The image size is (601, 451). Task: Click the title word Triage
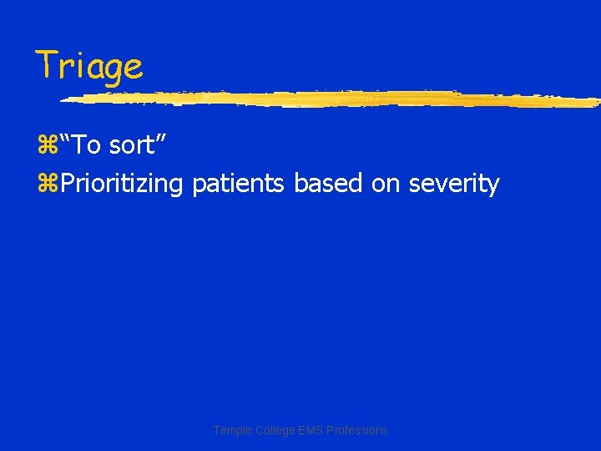click(x=88, y=66)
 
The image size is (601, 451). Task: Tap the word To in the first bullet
click(x=87, y=145)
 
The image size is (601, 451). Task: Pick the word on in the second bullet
click(x=386, y=184)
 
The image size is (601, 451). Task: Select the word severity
click(x=454, y=184)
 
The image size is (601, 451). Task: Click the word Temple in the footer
click(x=231, y=430)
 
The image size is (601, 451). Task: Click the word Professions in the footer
click(x=355, y=430)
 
